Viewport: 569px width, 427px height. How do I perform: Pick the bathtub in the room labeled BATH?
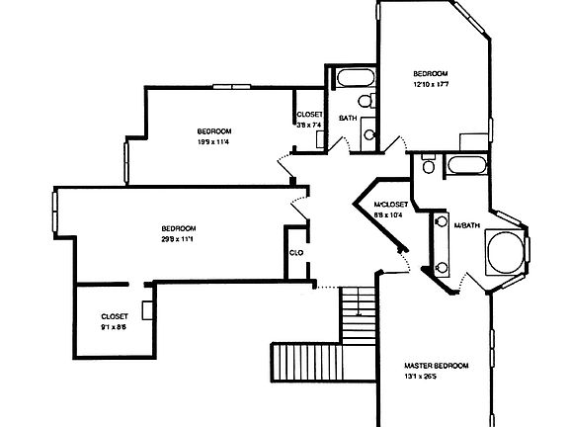[352, 79]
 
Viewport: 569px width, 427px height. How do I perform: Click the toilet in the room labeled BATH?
[365, 102]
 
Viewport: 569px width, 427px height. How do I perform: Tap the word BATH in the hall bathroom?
[348, 119]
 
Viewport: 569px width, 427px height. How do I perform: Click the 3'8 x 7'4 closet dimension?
[310, 125]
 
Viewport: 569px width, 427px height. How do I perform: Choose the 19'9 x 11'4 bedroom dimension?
[213, 142]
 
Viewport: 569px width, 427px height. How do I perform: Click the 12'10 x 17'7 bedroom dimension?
[431, 84]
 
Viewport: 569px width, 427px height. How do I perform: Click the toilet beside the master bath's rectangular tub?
[429, 166]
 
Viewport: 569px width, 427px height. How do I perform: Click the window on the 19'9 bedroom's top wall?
[233, 88]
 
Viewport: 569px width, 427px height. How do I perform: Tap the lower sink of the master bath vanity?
[440, 266]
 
